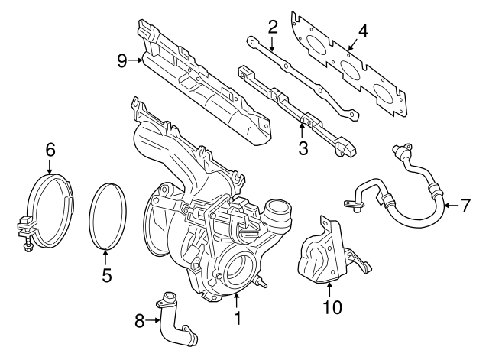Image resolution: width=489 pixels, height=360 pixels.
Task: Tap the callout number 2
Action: (272, 28)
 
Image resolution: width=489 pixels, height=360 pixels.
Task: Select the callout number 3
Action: (303, 148)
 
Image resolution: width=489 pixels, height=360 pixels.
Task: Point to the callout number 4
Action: (363, 31)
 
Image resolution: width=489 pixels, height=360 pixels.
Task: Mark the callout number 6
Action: (50, 151)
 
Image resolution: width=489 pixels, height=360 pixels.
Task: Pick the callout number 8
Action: (139, 322)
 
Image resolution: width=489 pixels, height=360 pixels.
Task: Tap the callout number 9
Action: (121, 60)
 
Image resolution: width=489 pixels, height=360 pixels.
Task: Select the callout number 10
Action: (331, 308)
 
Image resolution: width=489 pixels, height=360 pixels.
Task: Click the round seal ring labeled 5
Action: (107, 216)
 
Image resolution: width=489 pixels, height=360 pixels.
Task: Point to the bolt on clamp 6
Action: (26, 246)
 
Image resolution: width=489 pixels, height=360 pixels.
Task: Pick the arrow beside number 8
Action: (151, 321)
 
